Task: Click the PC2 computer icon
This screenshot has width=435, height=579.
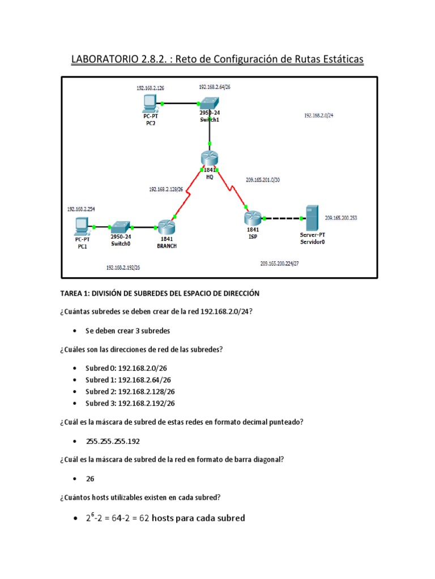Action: pyautogui.click(x=150, y=103)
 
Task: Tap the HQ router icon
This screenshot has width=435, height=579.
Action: pyautogui.click(x=210, y=159)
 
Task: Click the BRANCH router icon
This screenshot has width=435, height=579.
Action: pyautogui.click(x=166, y=227)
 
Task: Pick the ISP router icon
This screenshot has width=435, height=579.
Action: pyautogui.click(x=253, y=217)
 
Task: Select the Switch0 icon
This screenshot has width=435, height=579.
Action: pyautogui.click(x=121, y=226)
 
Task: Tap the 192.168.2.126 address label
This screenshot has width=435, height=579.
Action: pyautogui.click(x=150, y=88)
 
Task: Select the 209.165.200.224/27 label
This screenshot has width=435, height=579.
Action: pyautogui.click(x=279, y=263)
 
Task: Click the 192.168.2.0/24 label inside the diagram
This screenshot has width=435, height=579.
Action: pyautogui.click(x=319, y=115)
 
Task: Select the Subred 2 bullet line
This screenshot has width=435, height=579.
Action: pyautogui.click(x=130, y=391)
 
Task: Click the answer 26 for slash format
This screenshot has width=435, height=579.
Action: pyautogui.click(x=90, y=478)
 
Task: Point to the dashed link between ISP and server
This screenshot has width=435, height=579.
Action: pyautogui.click(x=281, y=218)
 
